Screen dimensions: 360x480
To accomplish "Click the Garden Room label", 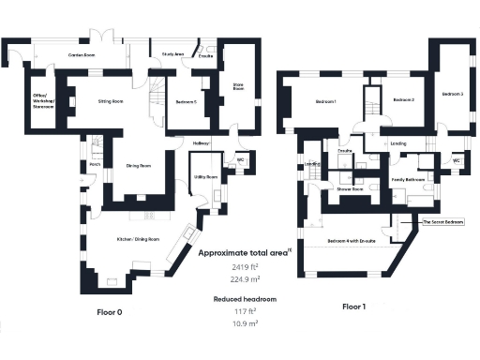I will click(82, 55).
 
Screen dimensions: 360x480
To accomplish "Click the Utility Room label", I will click(206, 176).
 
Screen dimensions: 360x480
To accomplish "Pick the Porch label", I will click(95, 164).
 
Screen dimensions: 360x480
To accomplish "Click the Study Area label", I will click(172, 55).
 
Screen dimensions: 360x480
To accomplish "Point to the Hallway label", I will click(202, 142).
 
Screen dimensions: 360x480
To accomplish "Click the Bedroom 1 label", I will click(325, 100).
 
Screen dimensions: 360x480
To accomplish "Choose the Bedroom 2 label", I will click(403, 99).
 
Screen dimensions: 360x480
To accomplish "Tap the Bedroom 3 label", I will click(453, 94).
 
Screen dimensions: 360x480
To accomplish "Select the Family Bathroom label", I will click(409, 178).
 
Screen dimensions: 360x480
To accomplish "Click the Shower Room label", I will click(351, 187).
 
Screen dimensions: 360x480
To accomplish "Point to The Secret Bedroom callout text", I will click(442, 222).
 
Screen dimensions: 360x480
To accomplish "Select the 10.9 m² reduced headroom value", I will click(244, 322).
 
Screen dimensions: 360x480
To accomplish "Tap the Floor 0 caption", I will click(111, 310).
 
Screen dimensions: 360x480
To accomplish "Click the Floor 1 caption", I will click(353, 307).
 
